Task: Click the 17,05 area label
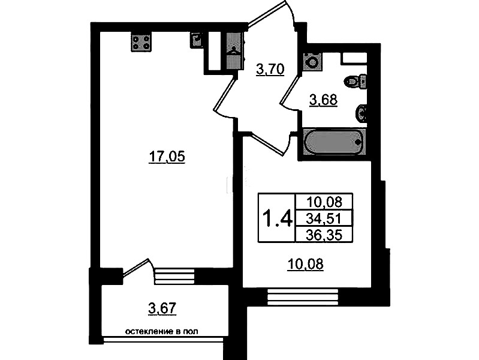click(167, 157)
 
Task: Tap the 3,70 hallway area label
click(270, 69)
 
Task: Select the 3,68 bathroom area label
click(323, 100)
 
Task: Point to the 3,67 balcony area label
click(162, 308)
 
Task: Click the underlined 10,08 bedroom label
click(306, 264)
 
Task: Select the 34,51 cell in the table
click(324, 218)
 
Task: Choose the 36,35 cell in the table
click(324, 235)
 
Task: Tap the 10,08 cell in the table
click(324, 202)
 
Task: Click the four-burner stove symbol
click(141, 43)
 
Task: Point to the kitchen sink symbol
click(197, 40)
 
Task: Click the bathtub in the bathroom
click(335, 142)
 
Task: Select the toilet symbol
click(356, 81)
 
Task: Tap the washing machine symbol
click(312, 62)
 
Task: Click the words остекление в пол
click(162, 331)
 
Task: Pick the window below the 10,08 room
click(303, 296)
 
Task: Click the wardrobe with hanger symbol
click(235, 51)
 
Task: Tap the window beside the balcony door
click(174, 277)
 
